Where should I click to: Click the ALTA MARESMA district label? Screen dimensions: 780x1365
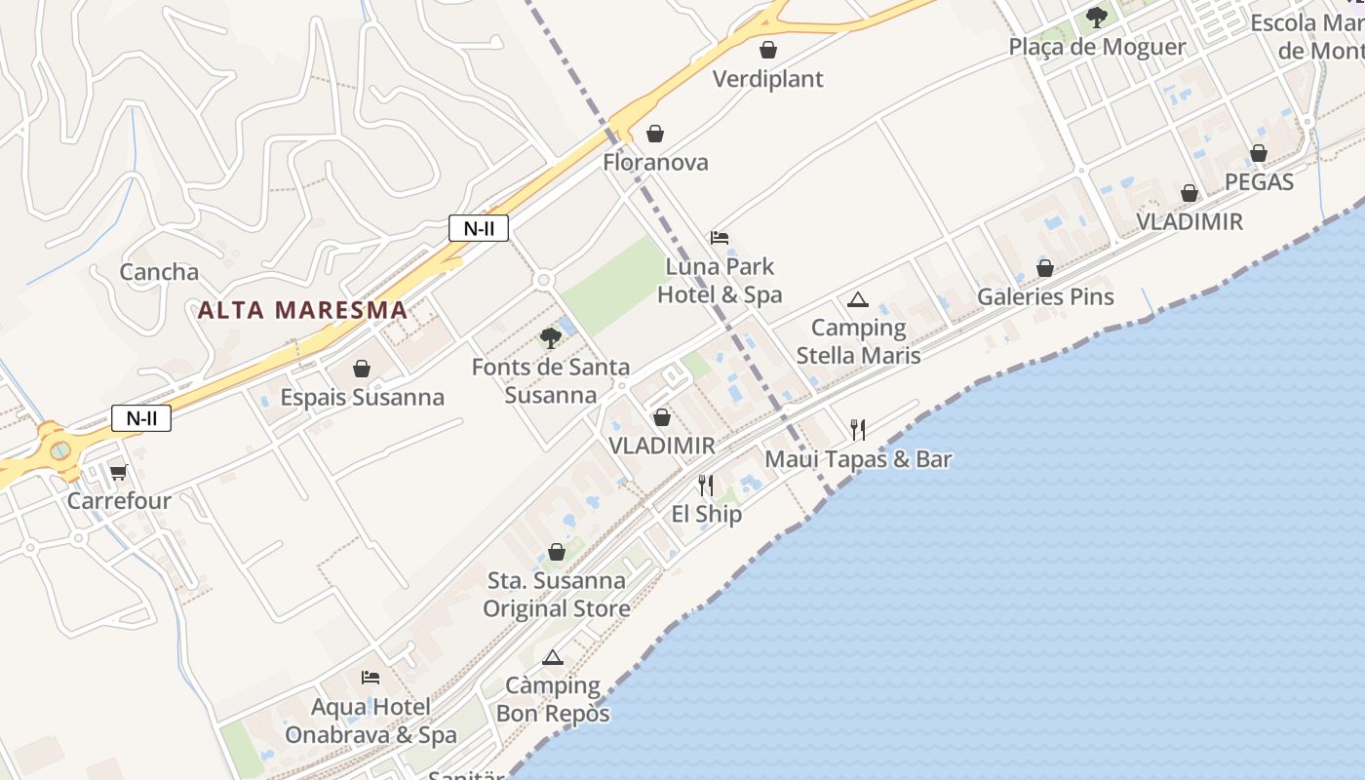(302, 310)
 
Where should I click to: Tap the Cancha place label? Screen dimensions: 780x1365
(159, 272)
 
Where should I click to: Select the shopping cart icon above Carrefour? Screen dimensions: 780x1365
(118, 473)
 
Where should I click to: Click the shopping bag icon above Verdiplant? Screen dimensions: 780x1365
(768, 50)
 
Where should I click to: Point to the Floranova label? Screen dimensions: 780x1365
(655, 163)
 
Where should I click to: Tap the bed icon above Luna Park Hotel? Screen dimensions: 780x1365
(720, 238)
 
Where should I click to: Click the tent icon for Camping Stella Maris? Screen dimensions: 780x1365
(857, 299)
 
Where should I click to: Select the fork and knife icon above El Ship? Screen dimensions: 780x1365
(706, 485)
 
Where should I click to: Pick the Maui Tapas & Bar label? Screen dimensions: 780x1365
(858, 459)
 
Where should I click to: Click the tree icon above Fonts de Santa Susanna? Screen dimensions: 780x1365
(550, 338)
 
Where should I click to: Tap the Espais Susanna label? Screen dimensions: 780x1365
(362, 398)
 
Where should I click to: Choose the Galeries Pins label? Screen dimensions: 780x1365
(1045, 296)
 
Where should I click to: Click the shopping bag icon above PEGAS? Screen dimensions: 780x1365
(1259, 153)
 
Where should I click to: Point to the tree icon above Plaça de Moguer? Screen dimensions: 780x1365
(1097, 18)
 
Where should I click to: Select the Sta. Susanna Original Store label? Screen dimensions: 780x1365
(556, 595)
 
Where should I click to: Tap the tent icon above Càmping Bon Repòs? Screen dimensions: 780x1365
(553, 657)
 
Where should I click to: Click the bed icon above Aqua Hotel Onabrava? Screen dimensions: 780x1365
(370, 677)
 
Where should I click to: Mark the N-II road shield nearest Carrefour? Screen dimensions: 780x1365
(141, 418)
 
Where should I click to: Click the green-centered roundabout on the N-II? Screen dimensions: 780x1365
(60, 450)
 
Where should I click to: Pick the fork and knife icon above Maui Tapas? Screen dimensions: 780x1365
(857, 429)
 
